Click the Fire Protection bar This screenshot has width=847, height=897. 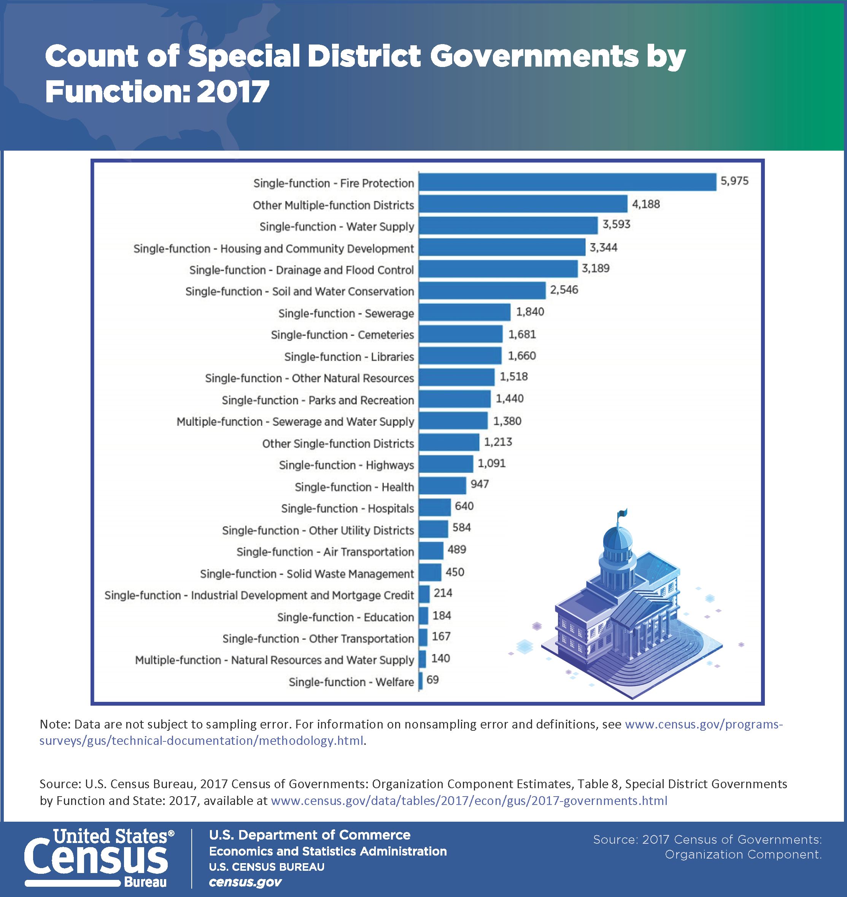pos(567,182)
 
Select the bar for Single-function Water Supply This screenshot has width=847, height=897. pos(508,225)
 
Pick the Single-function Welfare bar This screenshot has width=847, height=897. pos(421,681)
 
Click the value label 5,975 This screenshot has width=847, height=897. pos(734,181)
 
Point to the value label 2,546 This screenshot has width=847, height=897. pos(564,289)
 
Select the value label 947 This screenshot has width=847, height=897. pos(480,484)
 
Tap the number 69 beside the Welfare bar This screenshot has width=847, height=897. pos(432,680)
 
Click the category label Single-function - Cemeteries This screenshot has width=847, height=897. pos(342,335)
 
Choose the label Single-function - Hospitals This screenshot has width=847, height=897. pos(347,509)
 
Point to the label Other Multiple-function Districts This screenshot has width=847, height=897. pos(333,205)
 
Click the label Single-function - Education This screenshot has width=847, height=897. pos(345,617)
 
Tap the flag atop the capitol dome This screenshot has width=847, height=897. pos(623,513)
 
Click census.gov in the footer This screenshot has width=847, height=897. pos(245,882)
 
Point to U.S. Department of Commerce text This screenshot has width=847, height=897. pos(310,835)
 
